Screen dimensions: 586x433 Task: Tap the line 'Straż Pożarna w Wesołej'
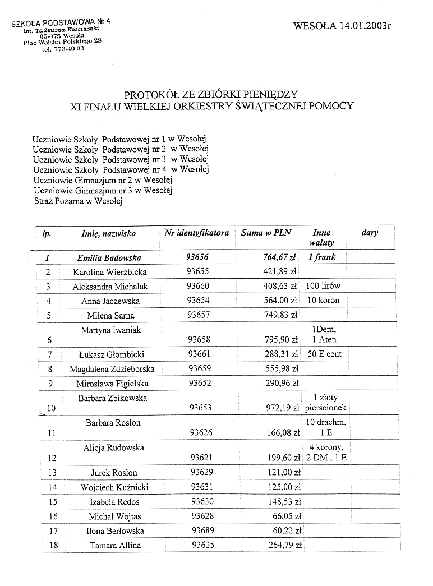point(77,201)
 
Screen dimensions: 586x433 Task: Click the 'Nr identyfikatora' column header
point(197,233)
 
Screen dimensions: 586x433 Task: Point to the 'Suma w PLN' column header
point(266,233)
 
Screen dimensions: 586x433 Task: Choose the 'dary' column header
point(370,233)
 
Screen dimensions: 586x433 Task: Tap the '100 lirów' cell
point(323,286)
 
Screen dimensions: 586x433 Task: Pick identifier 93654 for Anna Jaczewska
point(197,301)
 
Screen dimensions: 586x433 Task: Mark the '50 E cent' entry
point(324,354)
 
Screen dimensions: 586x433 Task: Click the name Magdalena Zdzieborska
point(112,369)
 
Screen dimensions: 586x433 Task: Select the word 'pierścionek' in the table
point(326,408)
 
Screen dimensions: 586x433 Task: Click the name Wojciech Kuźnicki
point(113,487)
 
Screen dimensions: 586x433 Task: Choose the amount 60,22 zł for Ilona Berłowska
point(284,531)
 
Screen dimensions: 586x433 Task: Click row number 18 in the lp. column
point(49,546)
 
